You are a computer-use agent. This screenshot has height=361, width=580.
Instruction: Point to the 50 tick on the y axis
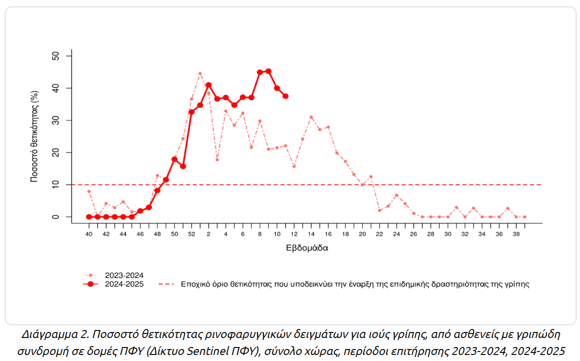pos(56,56)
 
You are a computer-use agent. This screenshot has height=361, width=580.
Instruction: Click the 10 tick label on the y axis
pos(56,184)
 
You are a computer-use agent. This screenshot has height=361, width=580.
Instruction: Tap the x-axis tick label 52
pos(191,234)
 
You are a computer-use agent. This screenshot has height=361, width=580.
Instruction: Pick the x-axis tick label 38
pos(516,234)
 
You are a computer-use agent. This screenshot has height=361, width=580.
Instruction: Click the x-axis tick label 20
pos(362,234)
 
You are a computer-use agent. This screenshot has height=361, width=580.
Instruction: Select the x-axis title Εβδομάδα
pos(307,247)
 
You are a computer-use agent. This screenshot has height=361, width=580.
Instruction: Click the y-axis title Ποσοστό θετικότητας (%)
pos(34,136)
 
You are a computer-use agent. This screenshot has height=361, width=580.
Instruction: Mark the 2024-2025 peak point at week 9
pos(268,71)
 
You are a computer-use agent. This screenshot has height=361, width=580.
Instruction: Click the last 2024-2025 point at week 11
pos(286,96)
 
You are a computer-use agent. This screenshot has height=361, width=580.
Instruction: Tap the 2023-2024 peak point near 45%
pos(200,73)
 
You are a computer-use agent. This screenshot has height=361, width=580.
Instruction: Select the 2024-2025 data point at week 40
pos(89,216)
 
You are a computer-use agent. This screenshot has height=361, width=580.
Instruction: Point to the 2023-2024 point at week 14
pos(311,117)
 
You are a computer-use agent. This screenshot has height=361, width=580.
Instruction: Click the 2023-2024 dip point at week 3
pos(217,159)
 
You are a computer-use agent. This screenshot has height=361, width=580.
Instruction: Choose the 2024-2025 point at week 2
pos(208,85)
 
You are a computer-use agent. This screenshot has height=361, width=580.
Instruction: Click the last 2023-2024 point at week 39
pos(525,217)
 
